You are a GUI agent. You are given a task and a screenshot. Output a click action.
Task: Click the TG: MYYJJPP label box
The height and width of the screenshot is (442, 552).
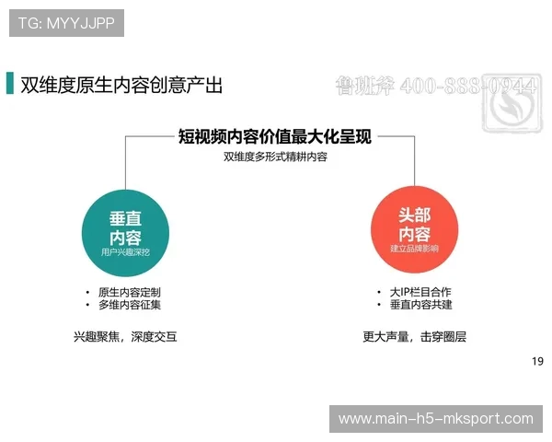(66, 23)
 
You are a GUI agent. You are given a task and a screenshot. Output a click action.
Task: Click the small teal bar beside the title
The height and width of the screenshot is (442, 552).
(10, 83)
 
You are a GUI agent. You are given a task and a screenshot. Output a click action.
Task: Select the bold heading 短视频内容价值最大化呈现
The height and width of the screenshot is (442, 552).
(275, 137)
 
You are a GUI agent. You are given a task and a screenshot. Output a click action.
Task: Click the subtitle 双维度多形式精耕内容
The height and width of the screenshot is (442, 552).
(275, 157)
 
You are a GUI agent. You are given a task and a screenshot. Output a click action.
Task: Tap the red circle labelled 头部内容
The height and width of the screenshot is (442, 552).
(414, 226)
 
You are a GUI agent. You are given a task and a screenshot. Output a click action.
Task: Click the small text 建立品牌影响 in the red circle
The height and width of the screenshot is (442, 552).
(414, 249)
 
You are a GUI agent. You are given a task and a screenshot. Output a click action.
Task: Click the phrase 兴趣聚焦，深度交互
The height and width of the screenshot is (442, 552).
(125, 337)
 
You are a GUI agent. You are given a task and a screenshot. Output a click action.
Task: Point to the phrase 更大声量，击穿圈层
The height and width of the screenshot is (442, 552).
(414, 337)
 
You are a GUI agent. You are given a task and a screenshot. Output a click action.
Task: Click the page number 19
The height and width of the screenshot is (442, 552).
(538, 360)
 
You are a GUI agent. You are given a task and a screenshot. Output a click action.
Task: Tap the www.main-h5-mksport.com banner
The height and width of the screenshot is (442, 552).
(435, 419)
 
